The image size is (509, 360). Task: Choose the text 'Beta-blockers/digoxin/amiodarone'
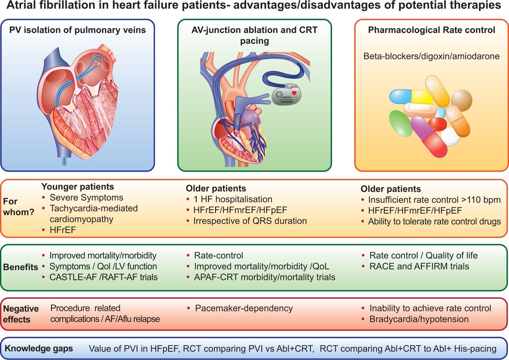coord(431,56)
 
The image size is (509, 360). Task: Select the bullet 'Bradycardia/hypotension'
coord(425,319)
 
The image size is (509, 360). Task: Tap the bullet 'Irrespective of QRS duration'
coord(250,221)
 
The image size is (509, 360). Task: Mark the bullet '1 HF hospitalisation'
coord(233,199)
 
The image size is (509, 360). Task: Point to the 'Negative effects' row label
coord(21,313)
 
